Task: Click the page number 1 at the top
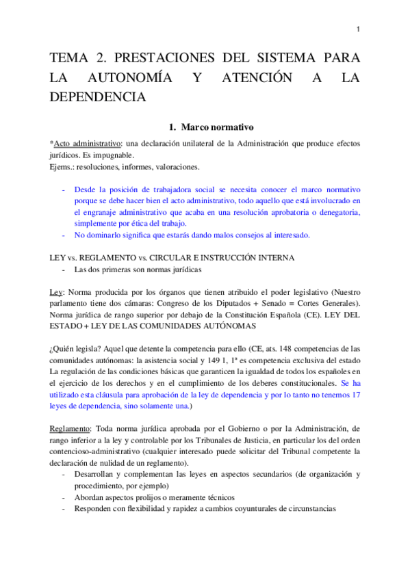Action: (x=358, y=29)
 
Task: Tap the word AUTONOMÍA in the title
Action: (x=123, y=77)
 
